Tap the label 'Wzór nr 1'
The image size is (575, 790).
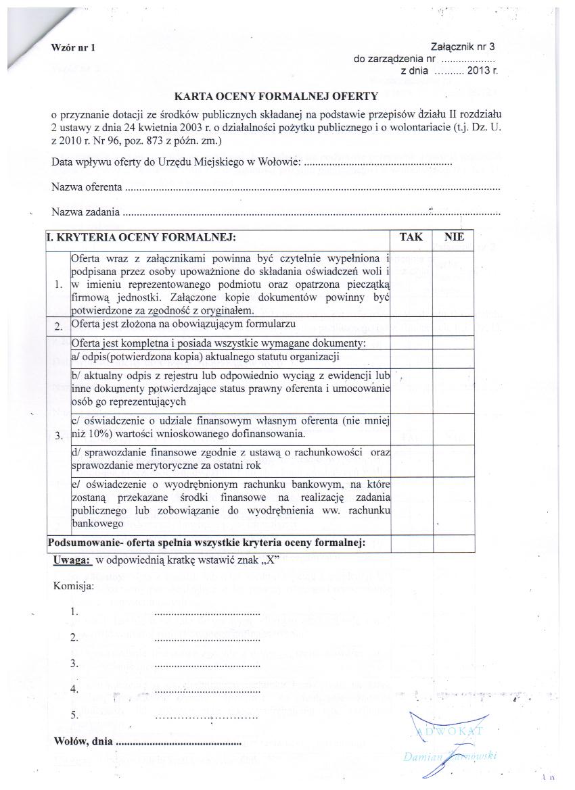(x=74, y=47)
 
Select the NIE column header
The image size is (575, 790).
(x=454, y=237)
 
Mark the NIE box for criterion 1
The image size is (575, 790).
(x=454, y=284)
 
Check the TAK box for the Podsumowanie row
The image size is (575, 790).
(x=411, y=542)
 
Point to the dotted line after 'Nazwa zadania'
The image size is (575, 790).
(x=311, y=213)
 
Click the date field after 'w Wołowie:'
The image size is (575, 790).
(x=377, y=163)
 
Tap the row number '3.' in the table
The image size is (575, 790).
(x=58, y=434)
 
